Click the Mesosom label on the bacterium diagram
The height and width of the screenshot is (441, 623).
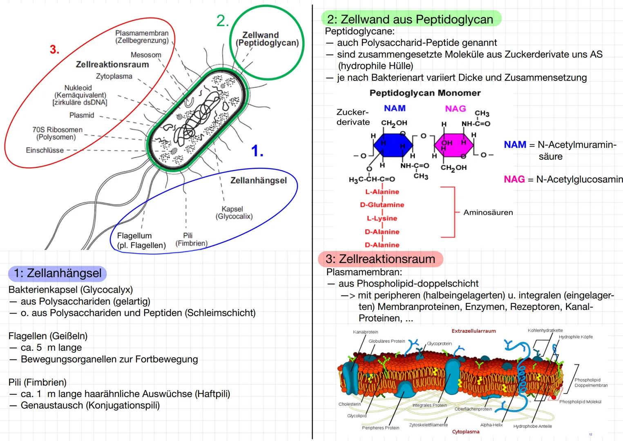[146, 55]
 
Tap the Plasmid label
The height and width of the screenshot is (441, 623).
[82, 115]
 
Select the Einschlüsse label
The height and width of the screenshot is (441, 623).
[45, 150]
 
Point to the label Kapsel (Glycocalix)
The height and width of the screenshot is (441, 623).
[234, 213]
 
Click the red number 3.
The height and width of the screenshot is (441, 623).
[54, 50]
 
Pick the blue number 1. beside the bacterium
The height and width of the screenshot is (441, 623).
[257, 151]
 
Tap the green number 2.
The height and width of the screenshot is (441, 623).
[222, 21]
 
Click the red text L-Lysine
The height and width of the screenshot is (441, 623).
[382, 218]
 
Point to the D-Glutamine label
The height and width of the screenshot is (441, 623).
[382, 205]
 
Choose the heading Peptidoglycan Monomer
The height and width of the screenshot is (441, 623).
[425, 93]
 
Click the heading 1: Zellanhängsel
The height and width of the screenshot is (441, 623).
[58, 273]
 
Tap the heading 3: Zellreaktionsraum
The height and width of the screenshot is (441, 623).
[380, 259]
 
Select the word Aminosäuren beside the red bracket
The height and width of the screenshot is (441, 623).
[488, 212]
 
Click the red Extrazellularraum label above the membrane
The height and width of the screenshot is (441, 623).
[473, 331]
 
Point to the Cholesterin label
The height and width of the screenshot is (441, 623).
[350, 404]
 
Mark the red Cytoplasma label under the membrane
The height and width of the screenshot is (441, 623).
[466, 432]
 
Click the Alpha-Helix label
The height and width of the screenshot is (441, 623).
[491, 425]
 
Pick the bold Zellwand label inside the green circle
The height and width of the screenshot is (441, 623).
[261, 35]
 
